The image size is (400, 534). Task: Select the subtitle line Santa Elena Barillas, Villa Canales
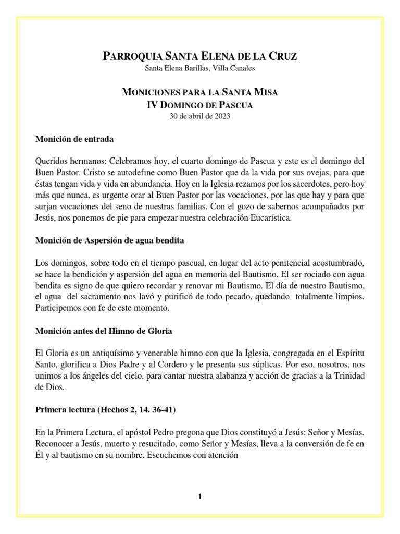pos(200,68)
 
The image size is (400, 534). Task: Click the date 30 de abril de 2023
pos(200,116)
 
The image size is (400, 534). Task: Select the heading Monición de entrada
pos(74,140)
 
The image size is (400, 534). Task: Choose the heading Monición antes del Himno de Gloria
pos(104,331)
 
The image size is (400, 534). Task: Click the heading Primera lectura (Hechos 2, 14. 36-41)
pos(105,410)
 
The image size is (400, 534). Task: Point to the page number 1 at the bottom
pos(199,496)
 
